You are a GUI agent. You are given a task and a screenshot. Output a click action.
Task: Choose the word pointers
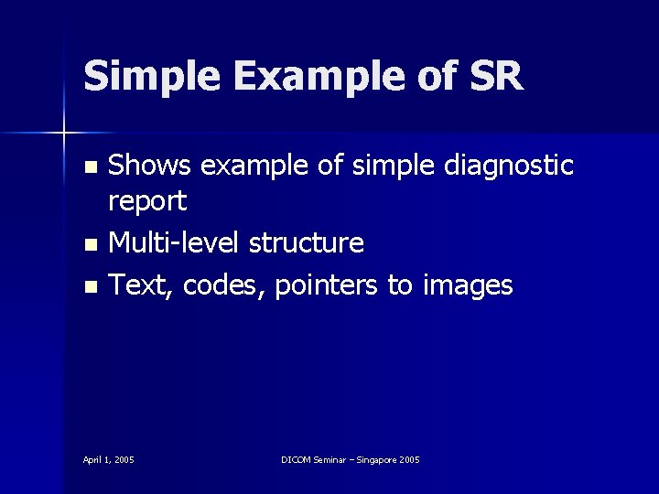click(x=324, y=285)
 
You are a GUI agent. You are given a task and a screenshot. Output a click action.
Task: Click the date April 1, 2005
click(x=109, y=459)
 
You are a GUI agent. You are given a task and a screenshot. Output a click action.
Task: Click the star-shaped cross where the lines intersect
click(x=64, y=134)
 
